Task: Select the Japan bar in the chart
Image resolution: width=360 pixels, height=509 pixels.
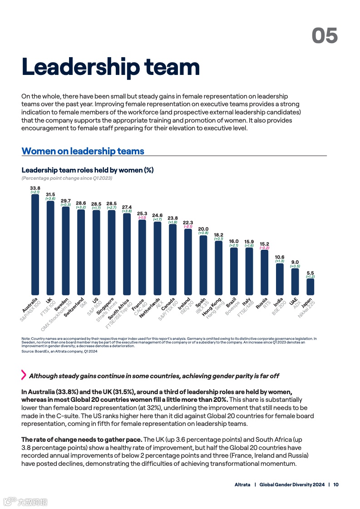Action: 310,287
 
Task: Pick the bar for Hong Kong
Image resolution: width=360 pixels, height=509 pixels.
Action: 218,267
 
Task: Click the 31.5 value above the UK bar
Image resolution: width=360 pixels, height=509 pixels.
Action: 50,194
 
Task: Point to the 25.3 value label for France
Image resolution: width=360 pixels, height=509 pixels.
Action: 142,213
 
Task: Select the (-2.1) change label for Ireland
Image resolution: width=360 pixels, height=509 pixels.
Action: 188,227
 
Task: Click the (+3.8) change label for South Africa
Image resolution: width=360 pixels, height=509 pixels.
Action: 127,211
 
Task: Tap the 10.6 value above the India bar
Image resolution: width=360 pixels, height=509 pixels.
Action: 280,257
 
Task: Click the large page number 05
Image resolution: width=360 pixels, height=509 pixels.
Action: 325,35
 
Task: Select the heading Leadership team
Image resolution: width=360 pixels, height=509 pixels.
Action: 111,67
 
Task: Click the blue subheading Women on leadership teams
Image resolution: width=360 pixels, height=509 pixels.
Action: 83,151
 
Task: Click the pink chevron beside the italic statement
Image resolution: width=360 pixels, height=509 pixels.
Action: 24,375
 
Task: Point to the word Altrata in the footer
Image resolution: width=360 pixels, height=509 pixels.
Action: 242,484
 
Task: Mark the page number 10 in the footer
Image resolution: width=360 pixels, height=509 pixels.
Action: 336,484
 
